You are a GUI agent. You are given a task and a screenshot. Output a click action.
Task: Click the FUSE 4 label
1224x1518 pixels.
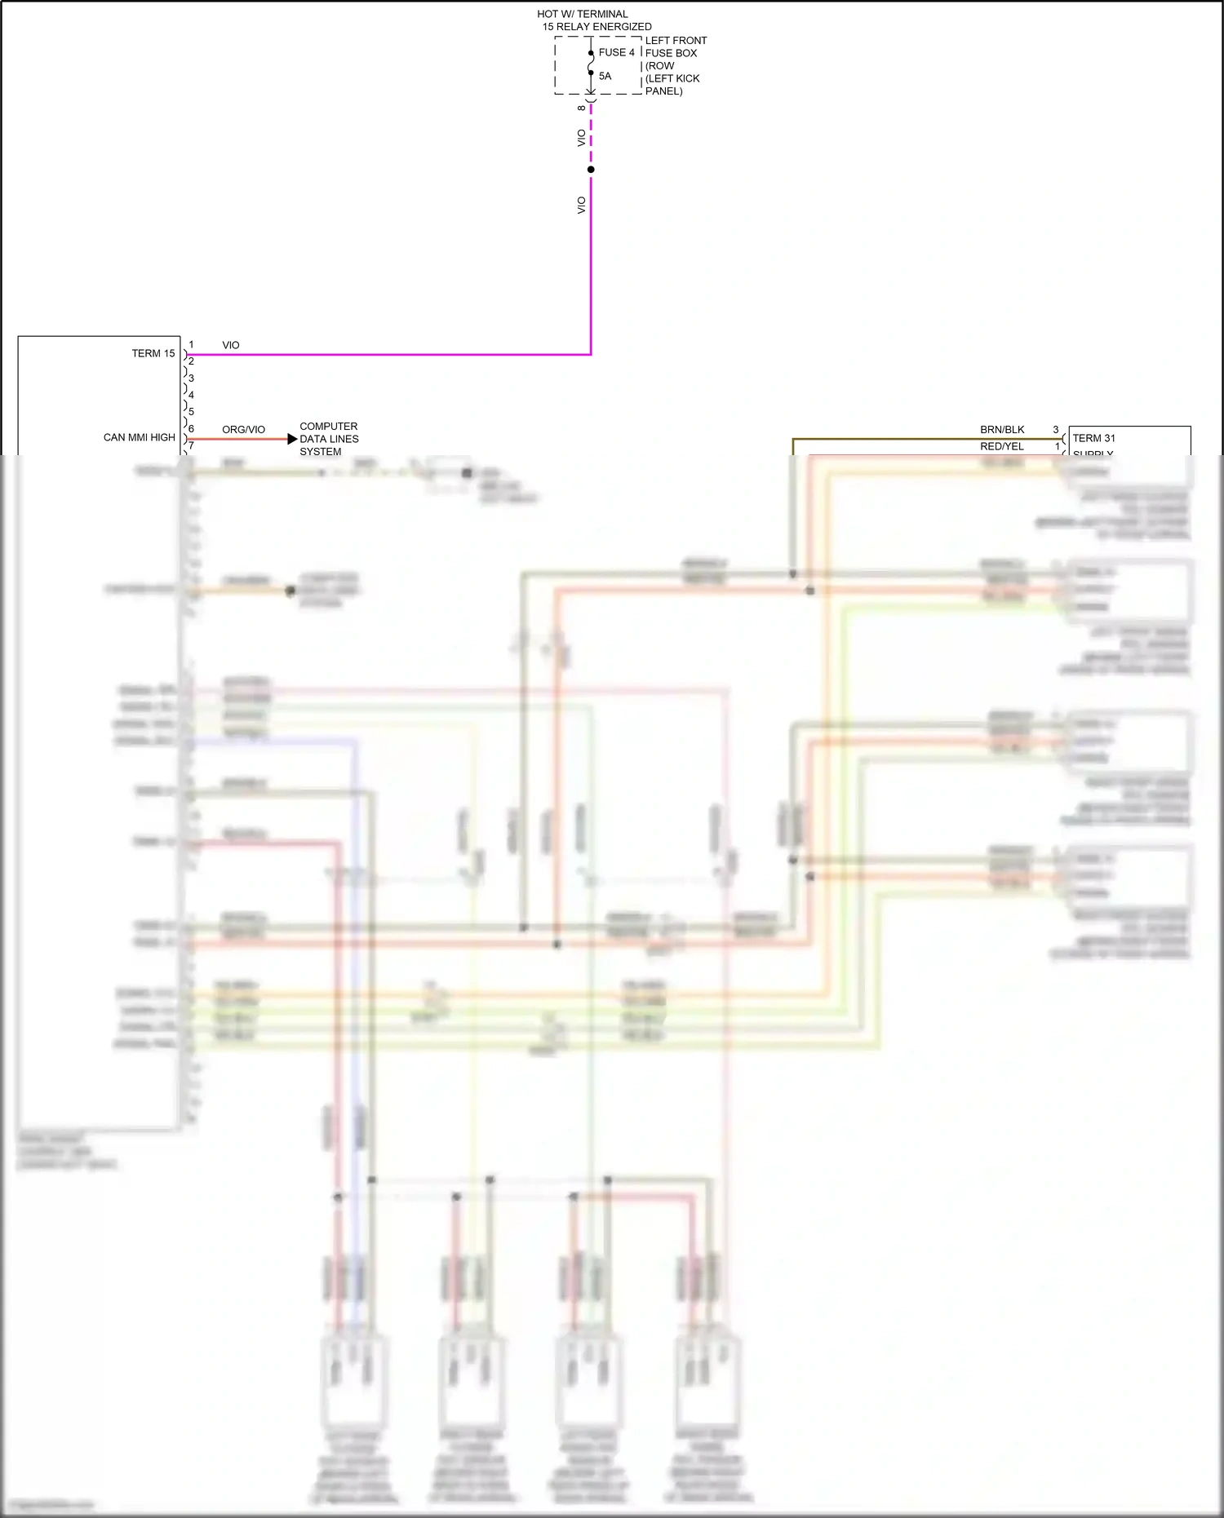point(616,52)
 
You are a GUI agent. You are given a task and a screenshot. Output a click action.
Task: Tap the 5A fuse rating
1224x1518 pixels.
point(605,76)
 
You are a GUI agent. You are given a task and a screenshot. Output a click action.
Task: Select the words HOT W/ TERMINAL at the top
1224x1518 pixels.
point(583,14)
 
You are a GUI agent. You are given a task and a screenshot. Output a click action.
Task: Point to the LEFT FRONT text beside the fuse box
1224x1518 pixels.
point(676,40)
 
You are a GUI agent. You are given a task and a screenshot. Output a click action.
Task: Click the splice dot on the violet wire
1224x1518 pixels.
point(591,170)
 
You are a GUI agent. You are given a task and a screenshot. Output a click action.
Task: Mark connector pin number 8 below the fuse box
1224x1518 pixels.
point(581,108)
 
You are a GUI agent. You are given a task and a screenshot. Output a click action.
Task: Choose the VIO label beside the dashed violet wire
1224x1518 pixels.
point(581,138)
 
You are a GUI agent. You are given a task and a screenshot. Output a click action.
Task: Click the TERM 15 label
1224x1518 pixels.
point(153,353)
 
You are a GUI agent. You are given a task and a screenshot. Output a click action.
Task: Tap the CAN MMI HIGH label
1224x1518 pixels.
point(140,437)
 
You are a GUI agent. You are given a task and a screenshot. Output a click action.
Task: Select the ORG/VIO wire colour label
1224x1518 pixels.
point(243,429)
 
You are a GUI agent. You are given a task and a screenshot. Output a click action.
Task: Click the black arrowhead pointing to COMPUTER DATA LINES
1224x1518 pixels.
point(292,439)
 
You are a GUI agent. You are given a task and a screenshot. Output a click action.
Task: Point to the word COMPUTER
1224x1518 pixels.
point(328,426)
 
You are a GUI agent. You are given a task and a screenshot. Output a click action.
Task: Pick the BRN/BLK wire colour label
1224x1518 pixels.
point(1002,429)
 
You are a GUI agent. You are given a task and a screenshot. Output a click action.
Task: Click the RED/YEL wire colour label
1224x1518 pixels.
point(1002,446)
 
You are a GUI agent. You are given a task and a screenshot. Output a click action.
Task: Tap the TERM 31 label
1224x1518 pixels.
point(1093,438)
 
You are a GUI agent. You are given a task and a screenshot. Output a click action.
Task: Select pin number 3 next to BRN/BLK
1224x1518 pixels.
point(1056,429)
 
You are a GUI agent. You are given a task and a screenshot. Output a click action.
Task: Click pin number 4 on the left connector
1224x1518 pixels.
point(191,395)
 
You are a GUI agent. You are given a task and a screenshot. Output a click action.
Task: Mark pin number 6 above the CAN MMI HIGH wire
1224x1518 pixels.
point(191,428)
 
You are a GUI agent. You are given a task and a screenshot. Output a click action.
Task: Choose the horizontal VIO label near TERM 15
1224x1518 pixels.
point(231,345)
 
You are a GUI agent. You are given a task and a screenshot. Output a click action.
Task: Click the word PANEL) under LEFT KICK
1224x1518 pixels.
point(663,91)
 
